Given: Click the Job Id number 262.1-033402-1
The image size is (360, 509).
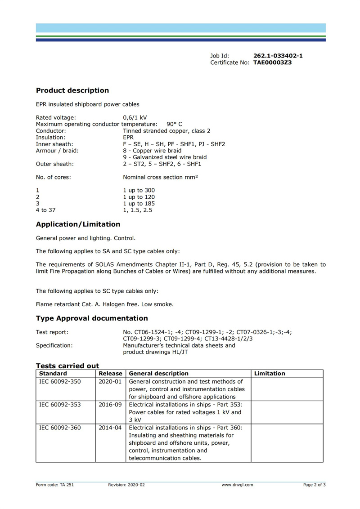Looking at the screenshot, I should [x=278, y=56].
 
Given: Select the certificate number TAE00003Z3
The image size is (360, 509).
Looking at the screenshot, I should [x=272, y=63].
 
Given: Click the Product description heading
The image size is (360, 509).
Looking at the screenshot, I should [x=72, y=90].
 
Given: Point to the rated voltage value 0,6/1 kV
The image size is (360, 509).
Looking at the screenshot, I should [x=135, y=118].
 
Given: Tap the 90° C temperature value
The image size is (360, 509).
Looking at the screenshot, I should [x=175, y=124].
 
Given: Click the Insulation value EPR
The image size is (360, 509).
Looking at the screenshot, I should [x=128, y=138].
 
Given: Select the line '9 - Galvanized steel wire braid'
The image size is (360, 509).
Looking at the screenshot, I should [x=165, y=157].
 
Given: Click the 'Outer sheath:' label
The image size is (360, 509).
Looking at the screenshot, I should [x=55, y=164].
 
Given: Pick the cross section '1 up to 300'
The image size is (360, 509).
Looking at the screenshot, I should [x=139, y=190].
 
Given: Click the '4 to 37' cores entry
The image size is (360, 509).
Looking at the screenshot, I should [x=46, y=210].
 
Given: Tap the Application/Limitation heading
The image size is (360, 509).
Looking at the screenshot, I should [x=78, y=224].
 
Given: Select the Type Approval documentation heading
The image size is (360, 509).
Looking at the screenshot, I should [x=92, y=318].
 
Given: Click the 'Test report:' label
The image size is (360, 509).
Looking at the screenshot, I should [x=52, y=332].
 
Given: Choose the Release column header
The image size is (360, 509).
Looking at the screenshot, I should [x=111, y=374].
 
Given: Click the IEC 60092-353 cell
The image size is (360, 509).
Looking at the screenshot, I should [x=60, y=405].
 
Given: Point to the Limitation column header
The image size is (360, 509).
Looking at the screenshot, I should [x=270, y=374].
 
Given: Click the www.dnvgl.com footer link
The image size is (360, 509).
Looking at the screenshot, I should [x=237, y=485].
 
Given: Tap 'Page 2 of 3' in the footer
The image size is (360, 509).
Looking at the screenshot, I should [x=314, y=485].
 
